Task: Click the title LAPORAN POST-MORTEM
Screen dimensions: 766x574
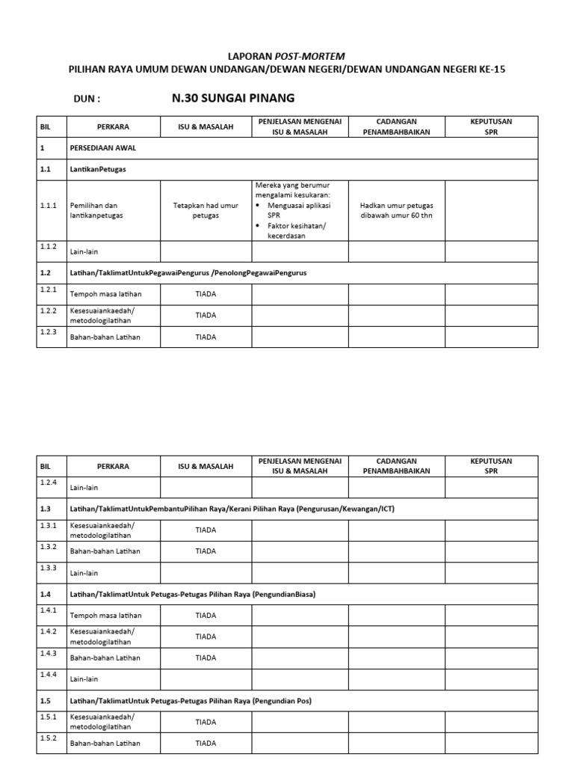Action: (x=286, y=56)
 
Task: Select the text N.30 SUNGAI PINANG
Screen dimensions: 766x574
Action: (x=233, y=98)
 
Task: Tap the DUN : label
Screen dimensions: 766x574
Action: (x=87, y=99)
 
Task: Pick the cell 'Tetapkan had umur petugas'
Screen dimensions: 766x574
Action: (x=205, y=210)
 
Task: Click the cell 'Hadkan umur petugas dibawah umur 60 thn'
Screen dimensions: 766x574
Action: (x=396, y=210)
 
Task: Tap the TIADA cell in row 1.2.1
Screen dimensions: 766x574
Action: (x=206, y=294)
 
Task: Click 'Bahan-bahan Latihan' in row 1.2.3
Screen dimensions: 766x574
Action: (x=105, y=337)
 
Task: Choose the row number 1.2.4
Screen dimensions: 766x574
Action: (x=49, y=482)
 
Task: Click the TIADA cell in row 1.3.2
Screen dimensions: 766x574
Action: (x=206, y=551)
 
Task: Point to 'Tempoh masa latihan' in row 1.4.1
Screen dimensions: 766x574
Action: (x=105, y=616)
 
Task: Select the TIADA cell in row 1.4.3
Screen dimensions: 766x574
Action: (x=206, y=658)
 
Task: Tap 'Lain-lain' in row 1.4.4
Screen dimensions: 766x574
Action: (x=84, y=680)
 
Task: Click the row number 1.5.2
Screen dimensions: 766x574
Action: (x=49, y=738)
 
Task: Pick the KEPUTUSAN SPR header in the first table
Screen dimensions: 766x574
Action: (x=491, y=126)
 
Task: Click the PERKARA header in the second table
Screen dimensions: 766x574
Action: (x=113, y=466)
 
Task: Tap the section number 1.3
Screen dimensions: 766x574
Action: (x=46, y=509)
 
